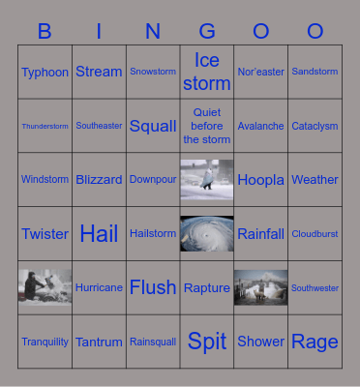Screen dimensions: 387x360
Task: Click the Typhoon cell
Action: coord(45,72)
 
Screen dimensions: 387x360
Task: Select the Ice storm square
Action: coord(207,72)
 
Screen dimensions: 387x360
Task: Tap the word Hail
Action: coord(99,233)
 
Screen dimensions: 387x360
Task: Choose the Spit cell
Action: coord(207,341)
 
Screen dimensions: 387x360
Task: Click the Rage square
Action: coord(315,341)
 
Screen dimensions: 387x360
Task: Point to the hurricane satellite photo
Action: coord(207,233)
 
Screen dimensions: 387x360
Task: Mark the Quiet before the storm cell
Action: coord(207,126)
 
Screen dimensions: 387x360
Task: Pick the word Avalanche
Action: coord(260,126)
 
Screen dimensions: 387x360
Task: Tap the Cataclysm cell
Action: coord(315,126)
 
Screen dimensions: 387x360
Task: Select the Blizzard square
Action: coord(99,180)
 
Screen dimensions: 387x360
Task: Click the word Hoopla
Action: coord(260,180)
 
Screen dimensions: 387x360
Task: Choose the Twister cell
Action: coord(45,233)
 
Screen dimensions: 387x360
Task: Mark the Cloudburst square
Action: coord(315,233)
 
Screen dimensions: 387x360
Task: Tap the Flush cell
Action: coord(153,287)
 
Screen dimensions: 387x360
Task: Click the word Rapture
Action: coord(207,287)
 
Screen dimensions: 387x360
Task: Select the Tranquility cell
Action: coord(45,342)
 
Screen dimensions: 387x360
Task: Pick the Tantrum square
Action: coord(99,342)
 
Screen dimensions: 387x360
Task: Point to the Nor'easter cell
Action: coord(260,72)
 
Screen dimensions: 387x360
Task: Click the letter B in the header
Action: coord(45,31)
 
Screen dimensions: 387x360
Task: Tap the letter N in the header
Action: coord(153,31)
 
